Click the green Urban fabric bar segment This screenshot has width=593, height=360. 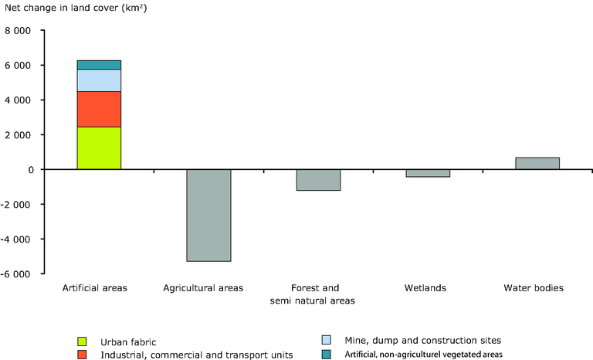tap(99, 148)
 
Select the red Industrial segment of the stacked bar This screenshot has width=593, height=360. tap(99, 109)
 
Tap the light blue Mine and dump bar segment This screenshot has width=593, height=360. tap(99, 80)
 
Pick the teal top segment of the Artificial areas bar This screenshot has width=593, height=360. tap(99, 65)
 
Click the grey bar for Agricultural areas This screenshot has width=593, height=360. tap(208, 215)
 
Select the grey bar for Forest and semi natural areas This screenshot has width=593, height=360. tap(318, 180)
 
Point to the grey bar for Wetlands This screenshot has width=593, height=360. tap(428, 173)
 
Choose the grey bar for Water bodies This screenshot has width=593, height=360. tap(537, 163)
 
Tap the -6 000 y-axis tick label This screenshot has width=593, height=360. tap(21, 273)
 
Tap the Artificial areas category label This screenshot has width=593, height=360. tap(94, 289)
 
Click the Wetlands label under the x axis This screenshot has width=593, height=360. tap(425, 289)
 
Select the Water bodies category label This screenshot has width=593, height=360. tap(534, 289)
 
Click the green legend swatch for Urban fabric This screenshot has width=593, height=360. tap(83, 341)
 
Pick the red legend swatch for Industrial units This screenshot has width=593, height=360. tap(83, 355)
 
